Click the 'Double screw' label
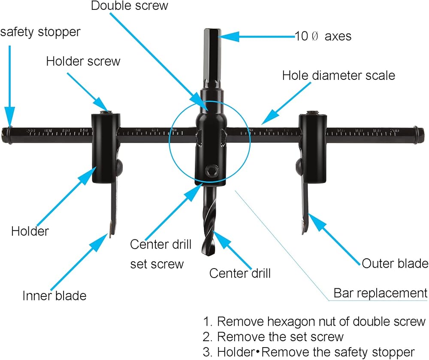coord(130,6)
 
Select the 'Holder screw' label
coord(83,61)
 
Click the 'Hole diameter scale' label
coord(338,76)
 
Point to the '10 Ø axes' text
coord(323,36)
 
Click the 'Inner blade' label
coord(54,296)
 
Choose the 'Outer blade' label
coord(395,263)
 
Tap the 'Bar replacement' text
coord(381,293)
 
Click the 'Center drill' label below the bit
coord(240,273)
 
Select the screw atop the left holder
coord(106,113)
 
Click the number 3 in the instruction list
coord(207,353)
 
